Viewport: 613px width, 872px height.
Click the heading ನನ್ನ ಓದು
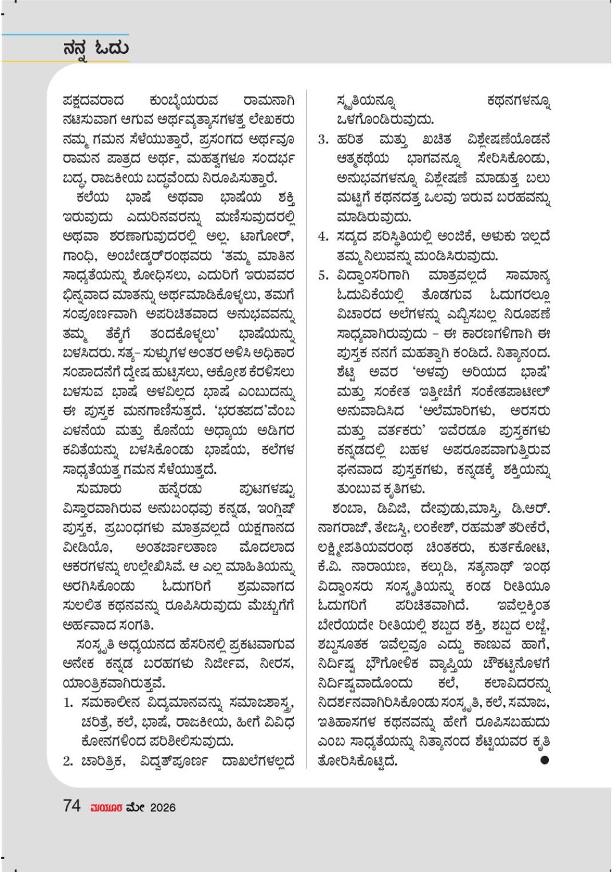click(x=95, y=47)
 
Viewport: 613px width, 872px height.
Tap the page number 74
click(x=72, y=806)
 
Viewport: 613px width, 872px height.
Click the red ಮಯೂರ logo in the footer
click(x=106, y=807)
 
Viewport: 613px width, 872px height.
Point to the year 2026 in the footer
click(x=162, y=807)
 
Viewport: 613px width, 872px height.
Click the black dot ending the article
click(x=544, y=760)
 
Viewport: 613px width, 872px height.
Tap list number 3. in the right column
click(x=324, y=140)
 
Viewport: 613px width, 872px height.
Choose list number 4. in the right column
click(x=324, y=236)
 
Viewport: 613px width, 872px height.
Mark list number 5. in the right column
click(x=324, y=276)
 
